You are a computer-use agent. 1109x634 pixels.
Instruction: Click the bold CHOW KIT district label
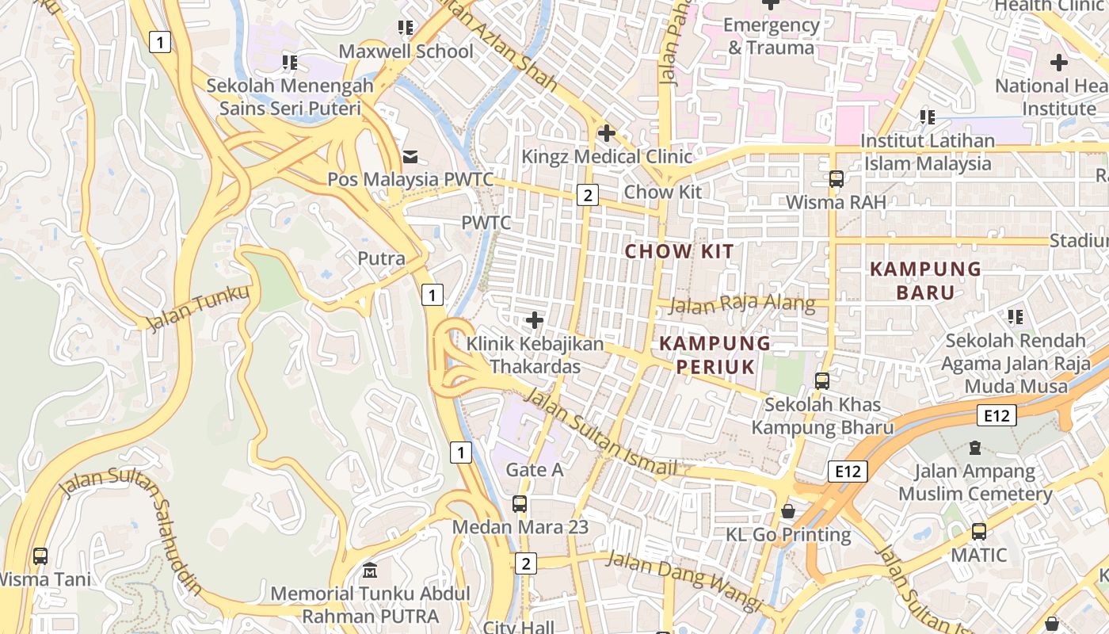[x=679, y=252]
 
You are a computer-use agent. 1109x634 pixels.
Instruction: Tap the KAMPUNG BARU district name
[x=925, y=280]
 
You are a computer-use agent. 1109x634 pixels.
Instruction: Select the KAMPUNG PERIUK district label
[x=715, y=354]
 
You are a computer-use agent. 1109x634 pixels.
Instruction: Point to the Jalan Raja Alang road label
[x=742, y=304]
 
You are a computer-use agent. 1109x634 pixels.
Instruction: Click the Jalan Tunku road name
[x=198, y=307]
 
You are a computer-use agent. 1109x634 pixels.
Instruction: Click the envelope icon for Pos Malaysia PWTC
[x=410, y=157]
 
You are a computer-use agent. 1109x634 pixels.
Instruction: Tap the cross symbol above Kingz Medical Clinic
[x=607, y=133]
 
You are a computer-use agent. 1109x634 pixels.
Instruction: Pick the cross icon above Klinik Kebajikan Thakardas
[x=535, y=320]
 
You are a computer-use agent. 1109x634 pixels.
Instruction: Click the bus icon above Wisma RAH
[x=836, y=179]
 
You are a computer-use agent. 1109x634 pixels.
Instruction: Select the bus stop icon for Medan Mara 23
[x=519, y=503]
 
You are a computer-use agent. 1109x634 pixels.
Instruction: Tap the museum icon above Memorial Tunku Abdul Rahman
[x=370, y=571]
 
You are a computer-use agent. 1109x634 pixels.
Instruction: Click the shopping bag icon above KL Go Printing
[x=787, y=511]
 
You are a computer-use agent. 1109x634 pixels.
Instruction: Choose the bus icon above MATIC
[x=979, y=531]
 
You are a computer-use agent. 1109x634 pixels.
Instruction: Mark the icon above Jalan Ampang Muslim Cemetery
[x=975, y=448]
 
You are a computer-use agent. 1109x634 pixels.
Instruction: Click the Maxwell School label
[x=406, y=52]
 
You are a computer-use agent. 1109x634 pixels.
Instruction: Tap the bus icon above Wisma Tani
[x=40, y=556]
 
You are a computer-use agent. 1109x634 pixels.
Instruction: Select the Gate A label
[x=535, y=470]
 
